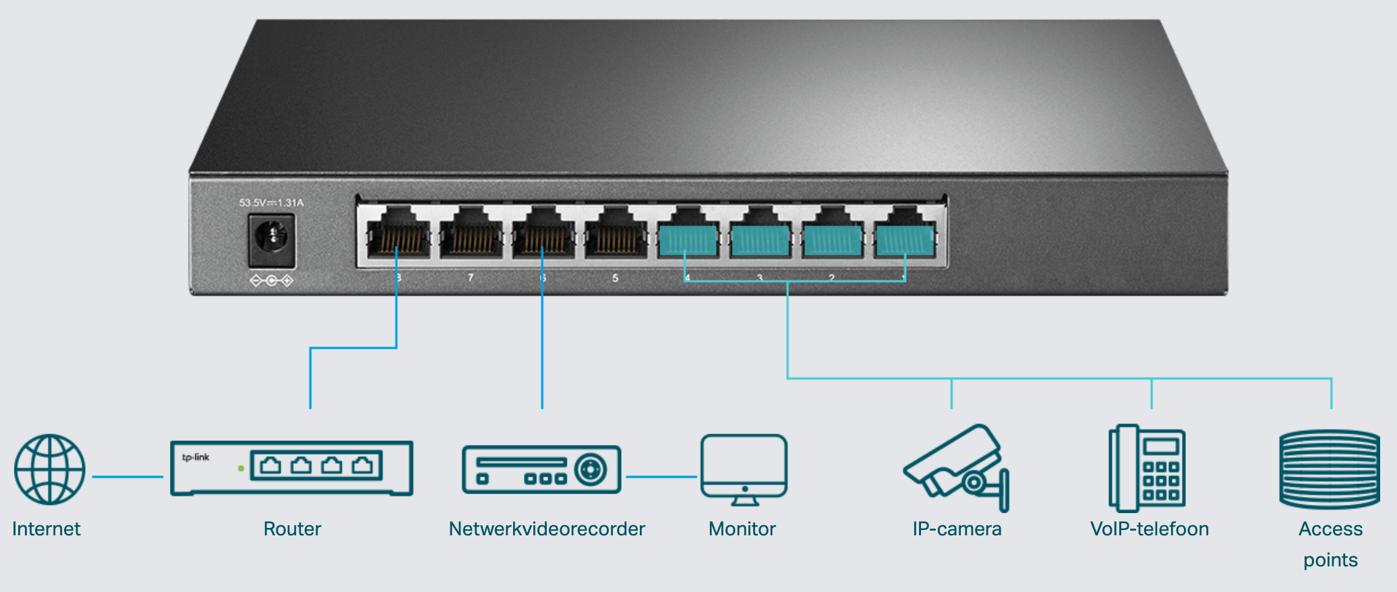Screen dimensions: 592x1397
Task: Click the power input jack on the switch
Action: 272,239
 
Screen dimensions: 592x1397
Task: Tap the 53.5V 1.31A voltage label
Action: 271,202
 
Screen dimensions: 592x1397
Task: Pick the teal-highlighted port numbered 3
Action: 760,236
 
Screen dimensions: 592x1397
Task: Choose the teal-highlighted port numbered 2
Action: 832,236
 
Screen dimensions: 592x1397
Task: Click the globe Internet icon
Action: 50,469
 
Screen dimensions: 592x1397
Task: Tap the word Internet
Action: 46,529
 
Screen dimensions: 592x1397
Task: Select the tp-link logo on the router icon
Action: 196,457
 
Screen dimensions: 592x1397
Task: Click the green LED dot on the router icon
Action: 241,468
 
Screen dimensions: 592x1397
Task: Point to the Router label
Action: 292,529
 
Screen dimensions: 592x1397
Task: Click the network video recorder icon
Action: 541,469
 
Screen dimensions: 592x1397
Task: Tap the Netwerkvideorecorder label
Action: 547,529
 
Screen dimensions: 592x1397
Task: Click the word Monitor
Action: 742,529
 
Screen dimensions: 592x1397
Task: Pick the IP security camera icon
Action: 955,467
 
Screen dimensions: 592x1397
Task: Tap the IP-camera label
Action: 956,529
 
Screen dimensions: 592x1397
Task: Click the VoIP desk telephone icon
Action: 1147,468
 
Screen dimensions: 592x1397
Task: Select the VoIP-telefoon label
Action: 1149,529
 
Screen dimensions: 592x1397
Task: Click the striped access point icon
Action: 1330,469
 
